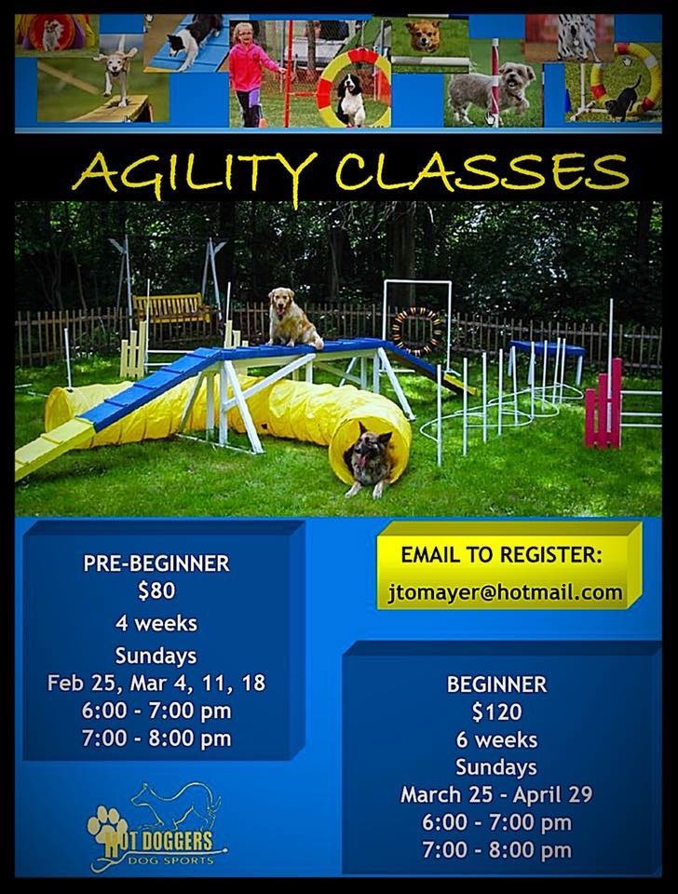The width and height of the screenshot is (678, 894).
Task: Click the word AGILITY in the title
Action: pyautogui.click(x=194, y=171)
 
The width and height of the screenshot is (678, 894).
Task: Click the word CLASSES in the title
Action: pyautogui.click(x=482, y=171)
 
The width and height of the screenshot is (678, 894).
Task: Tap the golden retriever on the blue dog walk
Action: pyautogui.click(x=292, y=318)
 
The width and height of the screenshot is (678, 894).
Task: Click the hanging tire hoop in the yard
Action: pyautogui.click(x=417, y=332)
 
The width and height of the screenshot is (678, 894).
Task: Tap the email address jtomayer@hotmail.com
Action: pyautogui.click(x=505, y=592)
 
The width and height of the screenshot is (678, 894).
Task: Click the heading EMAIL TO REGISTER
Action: pyautogui.click(x=501, y=555)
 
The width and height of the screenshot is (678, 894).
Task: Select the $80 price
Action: pyautogui.click(x=156, y=590)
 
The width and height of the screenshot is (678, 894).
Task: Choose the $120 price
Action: pyautogui.click(x=496, y=711)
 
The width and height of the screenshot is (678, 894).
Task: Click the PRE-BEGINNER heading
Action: pyautogui.click(x=156, y=563)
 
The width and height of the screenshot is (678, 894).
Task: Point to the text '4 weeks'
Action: pyautogui.click(x=156, y=623)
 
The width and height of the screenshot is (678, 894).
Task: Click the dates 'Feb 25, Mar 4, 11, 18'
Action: pyautogui.click(x=156, y=683)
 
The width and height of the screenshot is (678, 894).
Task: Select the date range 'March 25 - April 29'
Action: pyautogui.click(x=496, y=794)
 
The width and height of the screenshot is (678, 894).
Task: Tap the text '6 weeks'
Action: pyautogui.click(x=496, y=739)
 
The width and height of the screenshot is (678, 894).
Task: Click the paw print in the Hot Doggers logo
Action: pyautogui.click(x=107, y=822)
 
